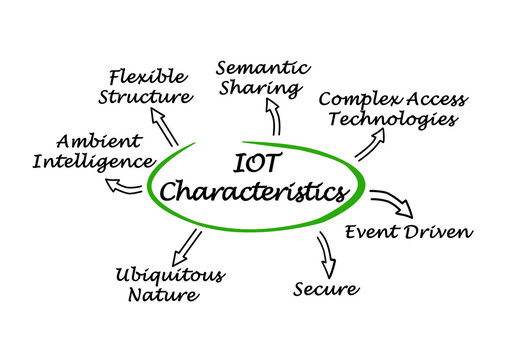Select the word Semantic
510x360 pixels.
tap(263, 67)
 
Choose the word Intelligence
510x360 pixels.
tap(93, 160)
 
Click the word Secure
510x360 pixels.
tap(325, 289)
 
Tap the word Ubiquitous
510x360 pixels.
tap(169, 274)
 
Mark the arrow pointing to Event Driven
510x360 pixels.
tap(392, 202)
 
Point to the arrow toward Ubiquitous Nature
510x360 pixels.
tap(185, 246)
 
